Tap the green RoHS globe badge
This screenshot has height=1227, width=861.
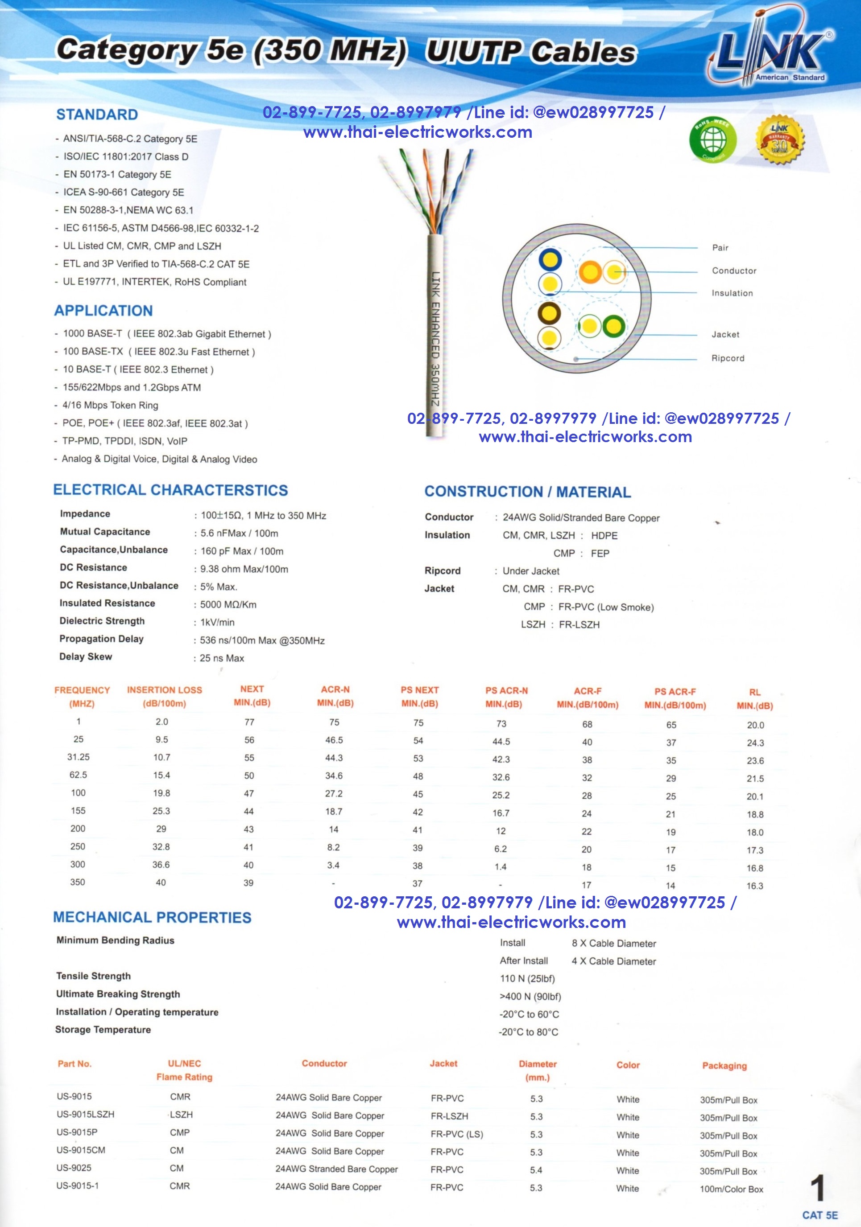[x=712, y=140]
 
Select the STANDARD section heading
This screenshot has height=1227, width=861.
[x=97, y=115]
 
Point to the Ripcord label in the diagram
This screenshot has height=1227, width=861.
[x=727, y=358]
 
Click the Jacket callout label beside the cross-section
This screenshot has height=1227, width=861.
[x=725, y=335]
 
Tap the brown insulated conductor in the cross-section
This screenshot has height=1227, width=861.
[x=549, y=314]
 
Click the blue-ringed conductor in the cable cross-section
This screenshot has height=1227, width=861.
[x=550, y=260]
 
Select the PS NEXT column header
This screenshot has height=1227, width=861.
[x=419, y=696]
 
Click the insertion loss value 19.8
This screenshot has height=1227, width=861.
[x=161, y=793]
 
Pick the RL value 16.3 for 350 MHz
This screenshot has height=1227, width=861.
[x=754, y=886]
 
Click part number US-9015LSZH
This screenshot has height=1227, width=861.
[x=86, y=1114]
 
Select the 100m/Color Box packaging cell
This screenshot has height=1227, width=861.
[x=731, y=1189]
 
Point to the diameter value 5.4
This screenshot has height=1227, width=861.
[x=536, y=1170]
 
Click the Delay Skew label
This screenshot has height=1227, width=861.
[x=86, y=657]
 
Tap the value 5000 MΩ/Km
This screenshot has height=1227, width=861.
[x=228, y=604]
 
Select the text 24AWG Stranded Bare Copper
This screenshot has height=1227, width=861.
[x=336, y=1170]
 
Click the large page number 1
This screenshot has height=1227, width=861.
[x=817, y=1189]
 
